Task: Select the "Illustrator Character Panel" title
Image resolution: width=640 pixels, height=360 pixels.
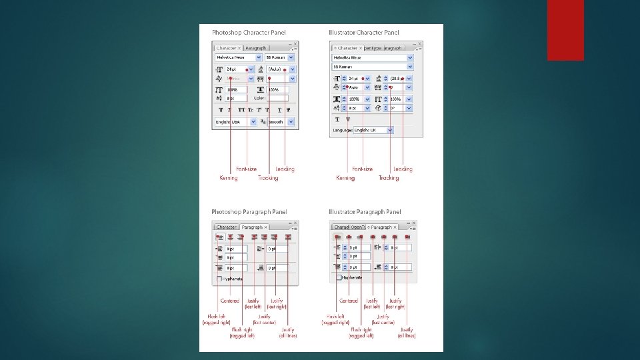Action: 363,32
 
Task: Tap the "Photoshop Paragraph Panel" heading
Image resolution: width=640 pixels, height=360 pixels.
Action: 245,213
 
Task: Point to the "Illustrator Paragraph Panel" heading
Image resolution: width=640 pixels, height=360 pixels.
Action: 365,213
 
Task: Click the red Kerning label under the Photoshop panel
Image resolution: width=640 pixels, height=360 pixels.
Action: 229,178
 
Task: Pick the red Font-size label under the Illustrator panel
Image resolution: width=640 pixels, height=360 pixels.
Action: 363,169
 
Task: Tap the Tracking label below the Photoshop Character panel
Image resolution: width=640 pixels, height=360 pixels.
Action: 268,178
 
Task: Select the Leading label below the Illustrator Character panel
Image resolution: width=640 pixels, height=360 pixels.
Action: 403,169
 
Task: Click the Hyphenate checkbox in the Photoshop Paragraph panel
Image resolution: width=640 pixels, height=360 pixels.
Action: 219,279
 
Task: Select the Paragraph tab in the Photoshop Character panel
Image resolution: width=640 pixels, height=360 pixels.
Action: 255,48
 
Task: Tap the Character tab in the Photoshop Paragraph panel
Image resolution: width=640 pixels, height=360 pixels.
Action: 227,227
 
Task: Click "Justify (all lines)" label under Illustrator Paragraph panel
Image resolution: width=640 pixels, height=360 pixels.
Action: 407,332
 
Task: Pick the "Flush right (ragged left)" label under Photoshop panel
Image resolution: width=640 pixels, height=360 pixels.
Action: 242,332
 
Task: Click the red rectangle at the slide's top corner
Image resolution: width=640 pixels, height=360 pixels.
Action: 565,30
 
